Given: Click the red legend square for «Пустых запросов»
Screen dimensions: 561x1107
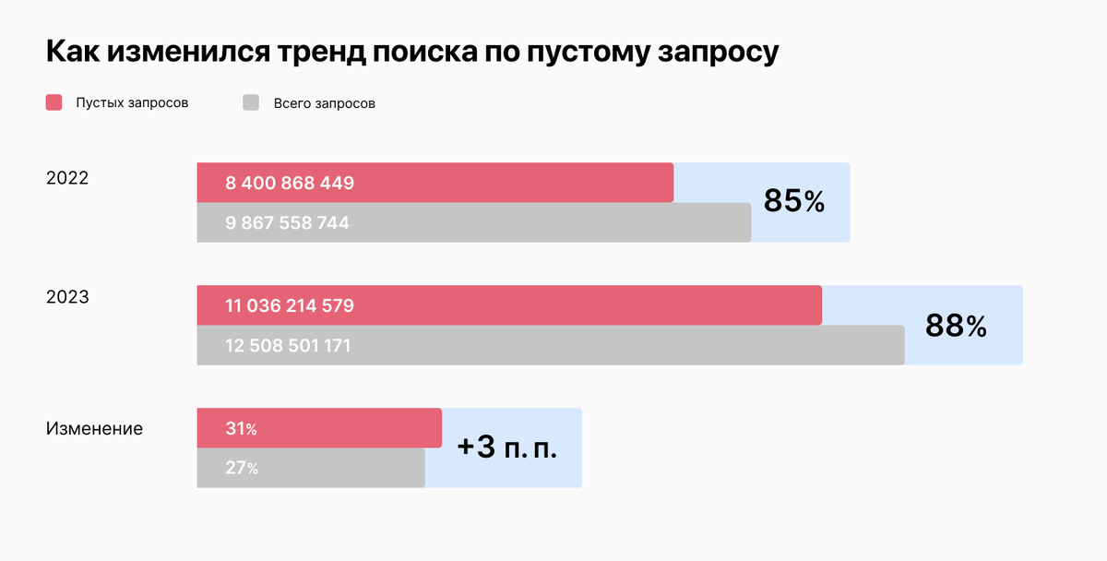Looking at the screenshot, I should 54,102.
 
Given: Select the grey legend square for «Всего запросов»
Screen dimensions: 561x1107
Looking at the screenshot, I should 251,102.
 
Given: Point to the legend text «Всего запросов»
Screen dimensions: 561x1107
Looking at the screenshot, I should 324,103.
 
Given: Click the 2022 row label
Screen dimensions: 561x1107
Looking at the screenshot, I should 67,178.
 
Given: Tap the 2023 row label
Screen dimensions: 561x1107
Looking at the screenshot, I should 67,297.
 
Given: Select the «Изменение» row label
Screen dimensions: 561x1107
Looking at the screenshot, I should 94,428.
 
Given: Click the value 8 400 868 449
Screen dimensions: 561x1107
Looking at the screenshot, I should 290,183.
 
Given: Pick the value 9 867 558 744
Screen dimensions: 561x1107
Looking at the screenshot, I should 287,222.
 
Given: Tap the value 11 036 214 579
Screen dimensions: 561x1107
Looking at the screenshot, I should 290,305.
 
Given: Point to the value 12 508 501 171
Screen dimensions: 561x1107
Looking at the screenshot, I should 288,346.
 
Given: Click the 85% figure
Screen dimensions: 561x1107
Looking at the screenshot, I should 793,202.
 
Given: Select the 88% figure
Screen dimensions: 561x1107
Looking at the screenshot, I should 956,325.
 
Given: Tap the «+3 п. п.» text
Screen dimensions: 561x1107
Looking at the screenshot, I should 507,448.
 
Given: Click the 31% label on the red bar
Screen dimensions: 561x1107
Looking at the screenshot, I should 241,429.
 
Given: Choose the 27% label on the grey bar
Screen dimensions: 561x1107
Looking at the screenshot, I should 241,468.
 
